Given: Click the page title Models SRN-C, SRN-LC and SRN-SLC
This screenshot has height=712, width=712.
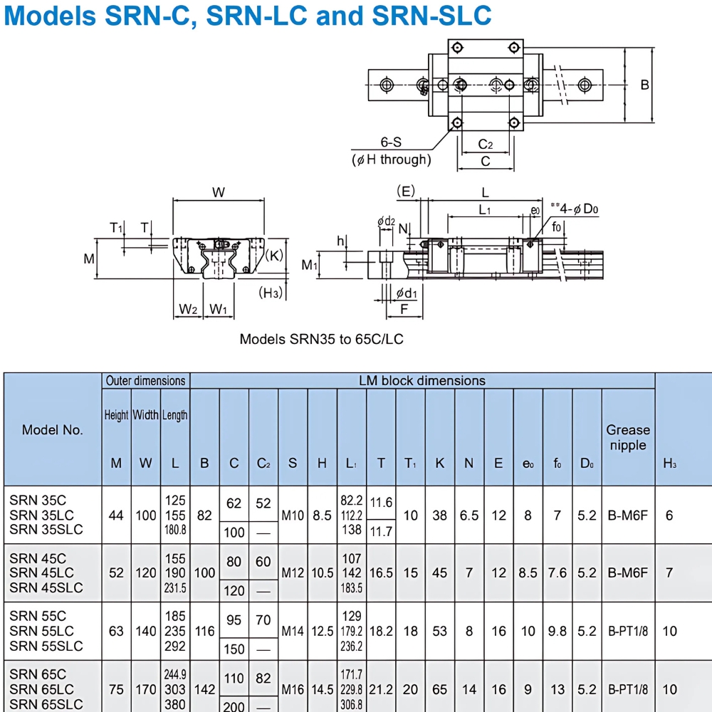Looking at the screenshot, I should click(x=247, y=16).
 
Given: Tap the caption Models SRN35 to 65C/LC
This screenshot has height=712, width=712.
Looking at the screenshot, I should click(x=321, y=339).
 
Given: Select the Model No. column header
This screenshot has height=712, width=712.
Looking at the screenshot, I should click(x=53, y=429).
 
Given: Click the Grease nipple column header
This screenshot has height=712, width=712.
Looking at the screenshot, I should click(x=627, y=437).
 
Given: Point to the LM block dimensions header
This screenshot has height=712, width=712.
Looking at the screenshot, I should click(x=422, y=381).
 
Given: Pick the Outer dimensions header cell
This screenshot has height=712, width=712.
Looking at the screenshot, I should click(x=146, y=381).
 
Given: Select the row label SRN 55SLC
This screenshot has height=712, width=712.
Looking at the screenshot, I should click(x=46, y=646).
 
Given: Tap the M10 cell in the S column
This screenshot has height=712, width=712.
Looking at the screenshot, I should click(x=292, y=515).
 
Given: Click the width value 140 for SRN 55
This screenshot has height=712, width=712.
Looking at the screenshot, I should click(x=145, y=631).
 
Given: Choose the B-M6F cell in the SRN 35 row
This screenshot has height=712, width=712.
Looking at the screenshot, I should click(x=627, y=515).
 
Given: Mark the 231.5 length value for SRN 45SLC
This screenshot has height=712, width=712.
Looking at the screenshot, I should click(x=175, y=588).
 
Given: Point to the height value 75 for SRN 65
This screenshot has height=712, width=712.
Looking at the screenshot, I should click(x=116, y=689).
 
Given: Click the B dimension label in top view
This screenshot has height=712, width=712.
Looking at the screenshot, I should click(x=644, y=85).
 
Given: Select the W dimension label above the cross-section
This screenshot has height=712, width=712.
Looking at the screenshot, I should click(x=219, y=192).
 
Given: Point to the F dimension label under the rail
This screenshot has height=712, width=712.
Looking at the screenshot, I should click(x=404, y=309).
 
